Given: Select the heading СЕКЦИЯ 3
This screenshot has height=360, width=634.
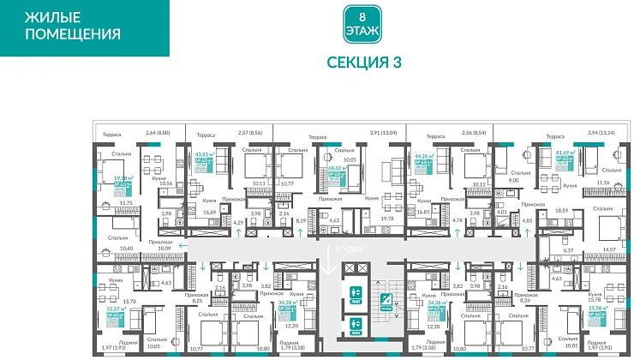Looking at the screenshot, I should click(x=364, y=62).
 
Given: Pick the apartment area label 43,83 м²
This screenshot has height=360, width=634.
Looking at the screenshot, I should click(x=202, y=153).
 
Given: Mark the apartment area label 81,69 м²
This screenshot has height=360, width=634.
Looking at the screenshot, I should click(x=565, y=153).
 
